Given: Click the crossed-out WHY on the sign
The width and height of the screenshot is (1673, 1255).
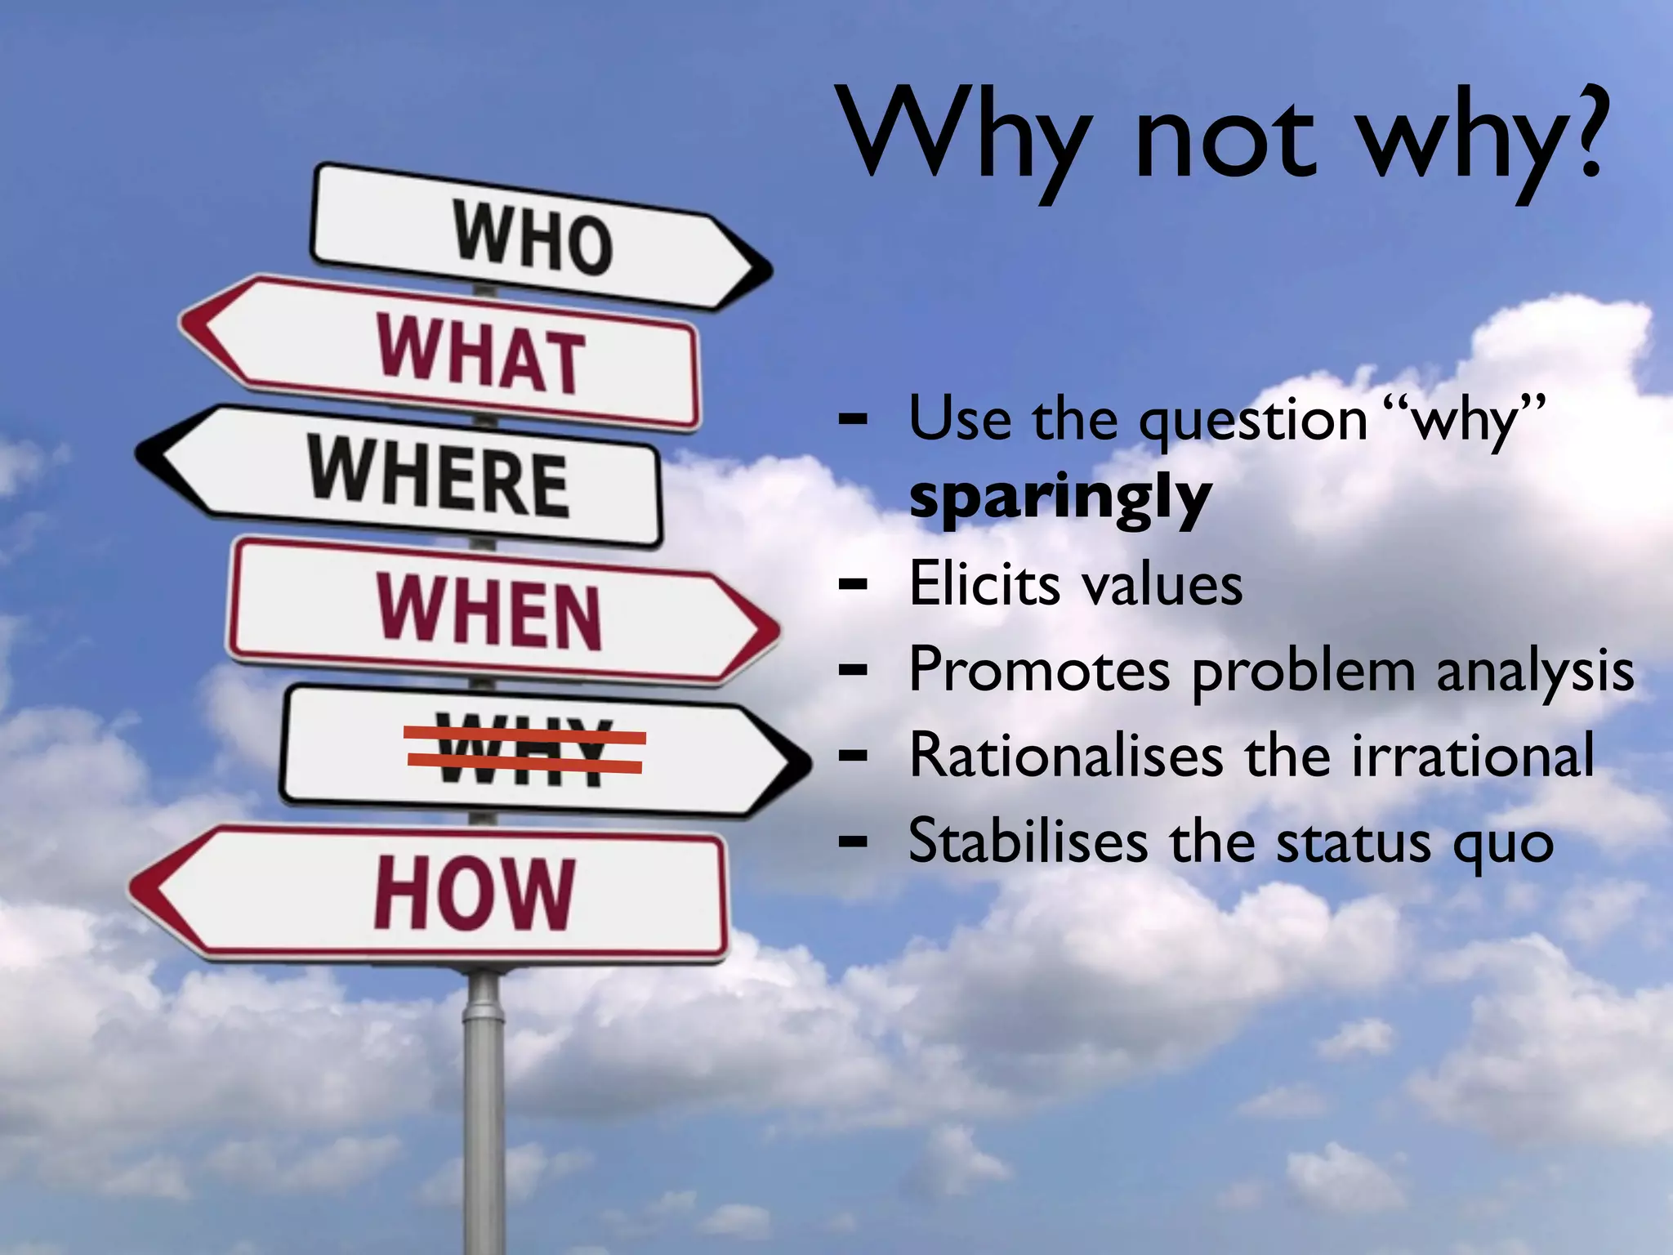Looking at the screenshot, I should coord(524,751).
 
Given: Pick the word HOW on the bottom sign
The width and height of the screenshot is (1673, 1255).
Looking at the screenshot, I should coord(474,893).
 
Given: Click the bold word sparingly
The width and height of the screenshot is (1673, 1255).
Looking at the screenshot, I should coord(1060,498).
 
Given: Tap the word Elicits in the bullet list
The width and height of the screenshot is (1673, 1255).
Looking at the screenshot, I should coord(984,585).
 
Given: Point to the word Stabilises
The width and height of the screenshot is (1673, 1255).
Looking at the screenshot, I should coord(1028,842).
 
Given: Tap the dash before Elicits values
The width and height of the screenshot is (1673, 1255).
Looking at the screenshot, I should coord(853,585).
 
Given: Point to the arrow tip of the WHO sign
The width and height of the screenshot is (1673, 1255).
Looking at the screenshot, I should coord(765,270).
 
